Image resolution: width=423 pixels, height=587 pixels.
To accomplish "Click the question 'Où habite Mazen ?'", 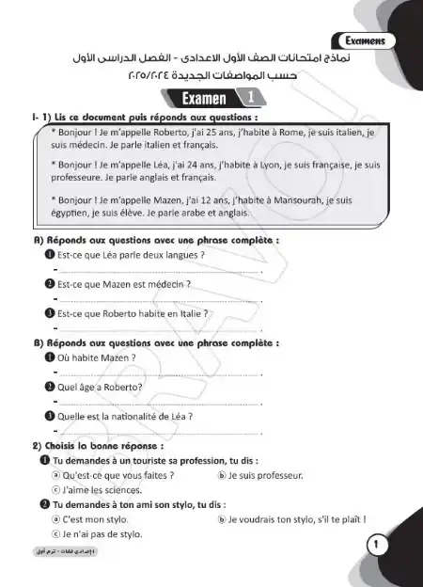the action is pos(97,357).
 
